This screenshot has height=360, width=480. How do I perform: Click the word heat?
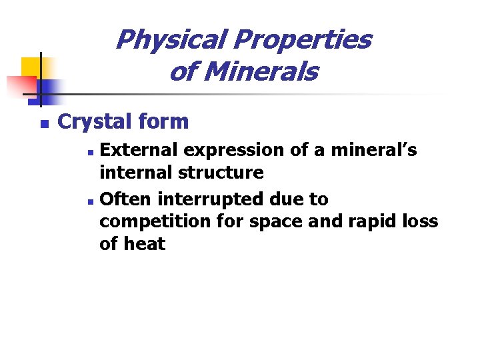tap(145, 244)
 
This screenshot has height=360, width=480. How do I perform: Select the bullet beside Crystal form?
tap(44, 124)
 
